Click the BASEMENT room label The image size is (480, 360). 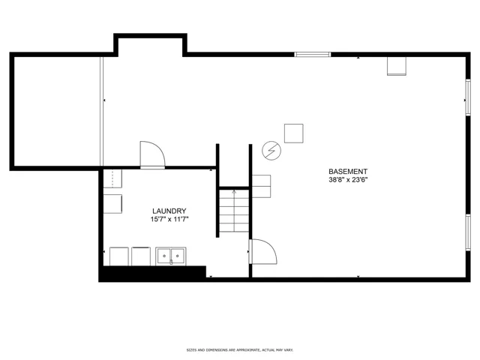(x=348, y=172)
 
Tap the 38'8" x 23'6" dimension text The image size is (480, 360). (x=348, y=180)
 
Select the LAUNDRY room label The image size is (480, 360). (x=169, y=211)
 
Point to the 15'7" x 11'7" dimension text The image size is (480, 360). (x=169, y=219)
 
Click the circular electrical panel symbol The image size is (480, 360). (x=271, y=151)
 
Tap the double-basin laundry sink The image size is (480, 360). (x=170, y=256)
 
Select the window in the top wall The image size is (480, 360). (x=313, y=55)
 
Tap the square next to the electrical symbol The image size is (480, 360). (x=294, y=133)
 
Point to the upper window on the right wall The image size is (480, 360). (x=468, y=97)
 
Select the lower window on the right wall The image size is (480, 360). (x=468, y=232)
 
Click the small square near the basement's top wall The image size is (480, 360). (x=397, y=66)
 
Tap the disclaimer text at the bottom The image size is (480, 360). (x=240, y=350)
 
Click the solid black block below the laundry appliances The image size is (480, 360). (x=152, y=272)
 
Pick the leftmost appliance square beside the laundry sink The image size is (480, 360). (x=119, y=256)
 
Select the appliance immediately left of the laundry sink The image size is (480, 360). (x=141, y=256)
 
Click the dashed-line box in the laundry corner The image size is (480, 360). (x=112, y=178)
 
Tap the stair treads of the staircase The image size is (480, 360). (x=234, y=211)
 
